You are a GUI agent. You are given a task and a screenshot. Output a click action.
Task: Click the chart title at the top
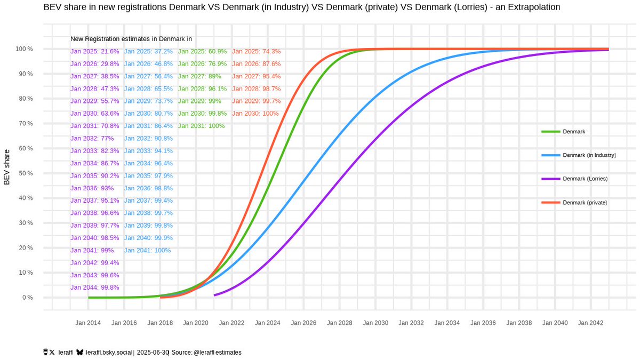point(301,7)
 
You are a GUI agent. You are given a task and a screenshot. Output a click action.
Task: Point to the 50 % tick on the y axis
point(23,173)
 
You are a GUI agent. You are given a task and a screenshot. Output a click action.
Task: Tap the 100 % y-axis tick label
point(23,49)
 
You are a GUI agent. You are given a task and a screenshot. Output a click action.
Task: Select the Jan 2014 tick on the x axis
point(88,323)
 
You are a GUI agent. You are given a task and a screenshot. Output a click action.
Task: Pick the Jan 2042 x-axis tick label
point(590,323)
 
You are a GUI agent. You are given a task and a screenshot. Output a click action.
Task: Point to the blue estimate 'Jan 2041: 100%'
point(148,250)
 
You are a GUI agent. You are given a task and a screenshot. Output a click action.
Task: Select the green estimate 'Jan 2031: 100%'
point(202,126)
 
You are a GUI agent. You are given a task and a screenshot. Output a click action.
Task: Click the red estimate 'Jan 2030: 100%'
point(255,114)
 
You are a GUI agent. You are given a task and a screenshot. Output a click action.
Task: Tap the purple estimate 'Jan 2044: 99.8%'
point(95,287)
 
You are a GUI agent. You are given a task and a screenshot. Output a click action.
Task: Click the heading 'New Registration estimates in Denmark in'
point(131,39)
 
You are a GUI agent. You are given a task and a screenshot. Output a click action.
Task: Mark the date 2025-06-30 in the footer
point(153,353)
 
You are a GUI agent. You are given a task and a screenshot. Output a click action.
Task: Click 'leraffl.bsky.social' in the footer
point(109,353)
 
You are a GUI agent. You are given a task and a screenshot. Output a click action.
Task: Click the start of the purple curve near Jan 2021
point(214,295)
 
